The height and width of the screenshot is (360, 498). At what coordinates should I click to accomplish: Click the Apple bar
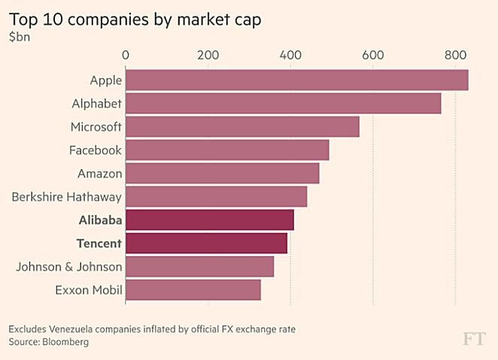coord(296,80)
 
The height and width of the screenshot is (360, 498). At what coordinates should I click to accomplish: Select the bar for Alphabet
coord(283,103)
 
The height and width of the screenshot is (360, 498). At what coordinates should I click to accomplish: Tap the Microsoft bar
coord(242,126)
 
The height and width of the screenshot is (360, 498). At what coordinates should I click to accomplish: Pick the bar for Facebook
coord(227,150)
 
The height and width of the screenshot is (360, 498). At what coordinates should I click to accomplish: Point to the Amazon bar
coord(222,174)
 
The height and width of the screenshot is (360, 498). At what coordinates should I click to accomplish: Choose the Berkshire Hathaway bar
coord(216,197)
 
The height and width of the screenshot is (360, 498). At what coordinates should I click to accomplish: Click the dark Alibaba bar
coord(209,220)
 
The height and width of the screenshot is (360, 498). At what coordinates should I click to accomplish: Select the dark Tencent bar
coord(206,244)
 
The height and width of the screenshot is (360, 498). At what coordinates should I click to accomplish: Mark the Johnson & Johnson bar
coord(199,267)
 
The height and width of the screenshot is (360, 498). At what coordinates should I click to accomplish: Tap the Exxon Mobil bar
coord(193,290)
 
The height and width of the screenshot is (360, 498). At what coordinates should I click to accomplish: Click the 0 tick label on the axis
coord(126,55)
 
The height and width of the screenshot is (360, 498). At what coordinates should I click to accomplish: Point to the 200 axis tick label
coord(208,55)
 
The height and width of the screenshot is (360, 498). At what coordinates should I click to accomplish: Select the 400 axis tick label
coord(290,55)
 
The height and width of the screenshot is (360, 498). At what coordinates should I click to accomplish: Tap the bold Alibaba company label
coord(100,220)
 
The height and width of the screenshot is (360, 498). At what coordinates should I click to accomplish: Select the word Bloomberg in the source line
coord(65,342)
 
